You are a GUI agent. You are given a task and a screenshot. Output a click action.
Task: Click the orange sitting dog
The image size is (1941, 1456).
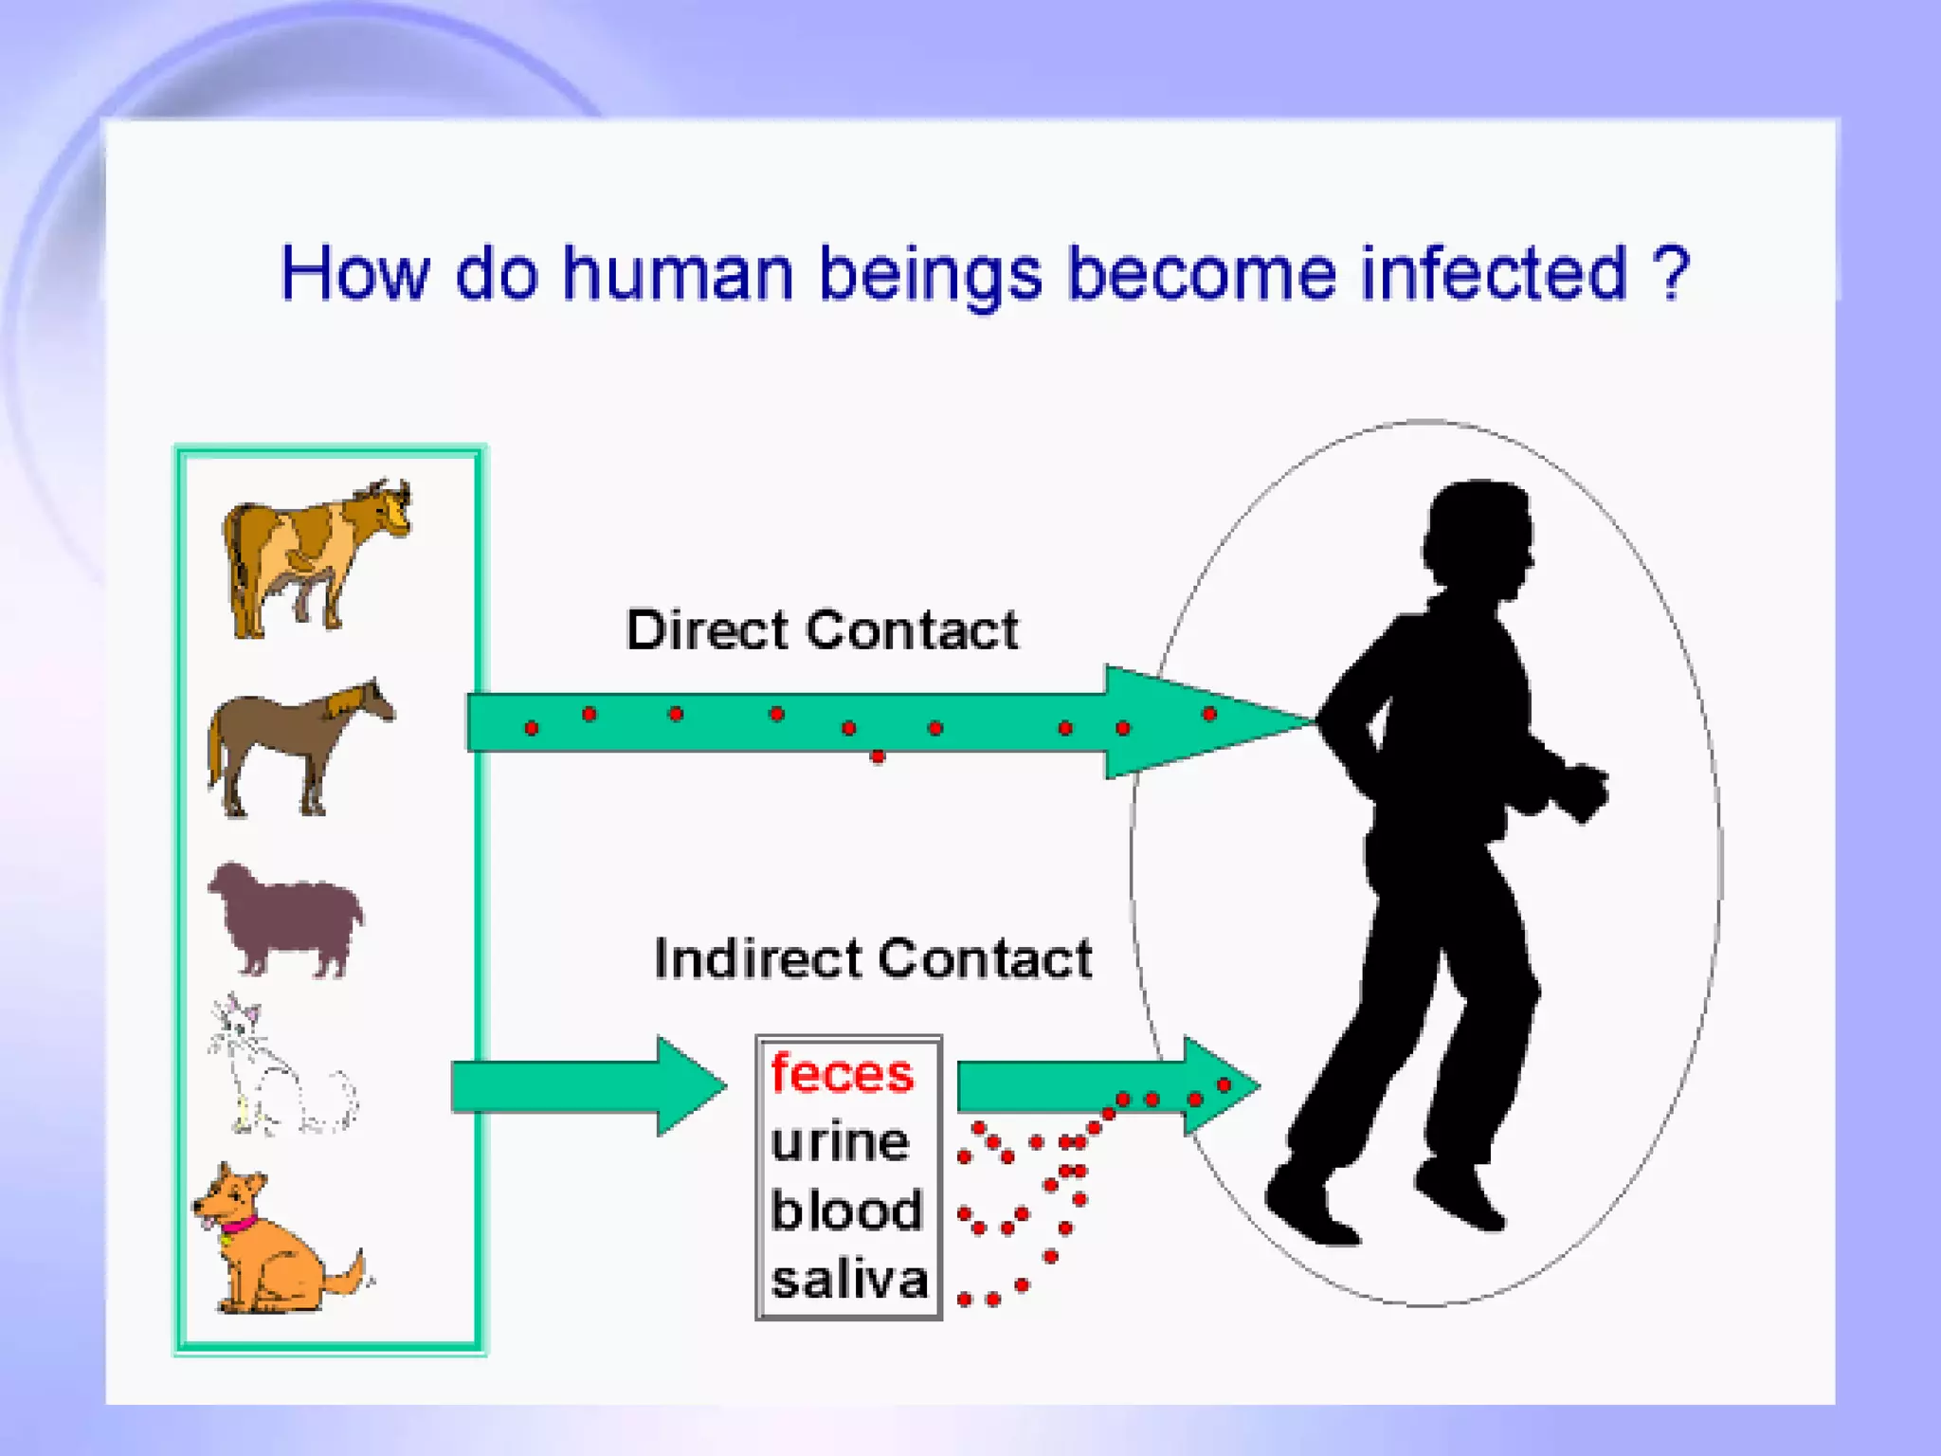pos(270,1247)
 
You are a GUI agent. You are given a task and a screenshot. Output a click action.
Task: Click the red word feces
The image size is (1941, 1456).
pos(842,1074)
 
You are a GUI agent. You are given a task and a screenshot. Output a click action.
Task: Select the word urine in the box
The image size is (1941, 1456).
pos(840,1142)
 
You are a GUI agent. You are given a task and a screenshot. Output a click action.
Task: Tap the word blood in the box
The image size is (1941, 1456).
pos(845,1210)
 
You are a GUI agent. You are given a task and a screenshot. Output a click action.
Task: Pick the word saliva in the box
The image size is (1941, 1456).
pos(849,1280)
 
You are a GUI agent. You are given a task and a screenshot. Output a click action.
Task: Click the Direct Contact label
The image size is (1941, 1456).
pos(822,630)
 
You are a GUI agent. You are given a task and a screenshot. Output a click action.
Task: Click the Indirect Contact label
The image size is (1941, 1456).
pos(872,958)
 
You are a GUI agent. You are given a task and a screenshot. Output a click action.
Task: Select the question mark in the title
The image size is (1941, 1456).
pos(1670,274)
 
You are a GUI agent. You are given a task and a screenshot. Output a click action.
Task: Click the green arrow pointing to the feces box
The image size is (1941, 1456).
pos(588,1086)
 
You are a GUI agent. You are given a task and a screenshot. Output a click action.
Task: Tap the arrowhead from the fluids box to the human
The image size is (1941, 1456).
pos(1218,1086)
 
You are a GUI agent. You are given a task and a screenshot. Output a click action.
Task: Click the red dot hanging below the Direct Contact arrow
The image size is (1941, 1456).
pos(878,756)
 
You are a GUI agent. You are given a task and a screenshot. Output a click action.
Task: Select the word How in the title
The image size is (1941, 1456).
pos(355,274)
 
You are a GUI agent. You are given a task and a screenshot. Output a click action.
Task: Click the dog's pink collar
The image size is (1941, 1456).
pos(239,1224)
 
